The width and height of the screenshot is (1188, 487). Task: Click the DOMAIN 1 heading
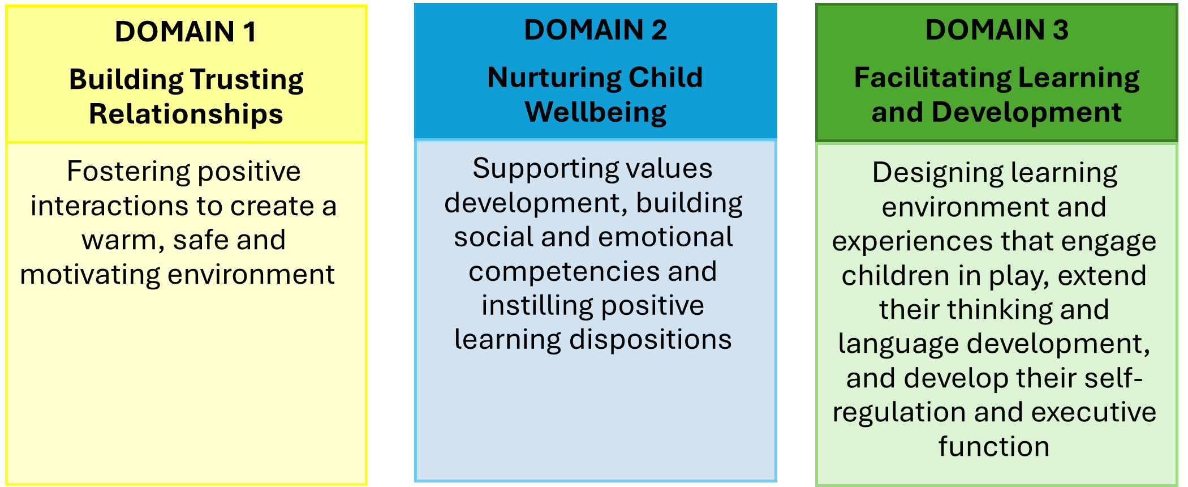pyautogui.click(x=186, y=32)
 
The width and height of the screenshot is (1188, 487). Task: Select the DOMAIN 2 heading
pyautogui.click(x=595, y=30)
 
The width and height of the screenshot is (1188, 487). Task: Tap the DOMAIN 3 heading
pyautogui.click(x=997, y=30)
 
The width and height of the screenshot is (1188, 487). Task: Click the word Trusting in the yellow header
pyautogui.click(x=247, y=80)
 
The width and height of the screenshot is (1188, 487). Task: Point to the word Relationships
pyautogui.click(x=186, y=114)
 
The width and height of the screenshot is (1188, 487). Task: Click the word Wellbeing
pyautogui.click(x=596, y=113)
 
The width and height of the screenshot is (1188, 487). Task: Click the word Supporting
pyautogui.click(x=530, y=169)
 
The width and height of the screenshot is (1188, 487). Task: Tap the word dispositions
pyautogui.click(x=650, y=340)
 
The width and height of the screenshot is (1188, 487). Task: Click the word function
pyautogui.click(x=994, y=447)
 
